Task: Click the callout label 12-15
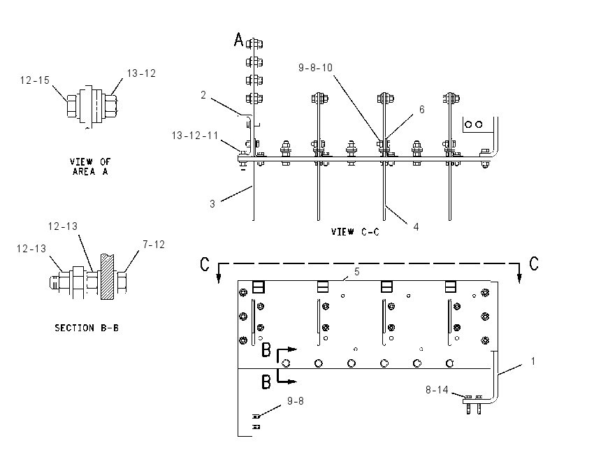(35, 80)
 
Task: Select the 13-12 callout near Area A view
(141, 73)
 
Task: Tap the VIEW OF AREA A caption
(90, 166)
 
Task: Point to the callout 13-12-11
(195, 136)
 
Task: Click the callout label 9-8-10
(315, 68)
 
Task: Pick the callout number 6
(421, 110)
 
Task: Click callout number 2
(203, 95)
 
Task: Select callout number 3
(212, 204)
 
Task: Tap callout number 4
(416, 227)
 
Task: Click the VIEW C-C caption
(355, 232)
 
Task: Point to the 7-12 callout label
(154, 245)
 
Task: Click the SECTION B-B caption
(87, 328)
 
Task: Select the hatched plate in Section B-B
(107, 277)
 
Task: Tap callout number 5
(357, 272)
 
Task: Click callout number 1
(533, 361)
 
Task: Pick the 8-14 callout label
(437, 390)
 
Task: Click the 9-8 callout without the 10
(296, 401)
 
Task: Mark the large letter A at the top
(239, 39)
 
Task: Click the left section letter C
(205, 264)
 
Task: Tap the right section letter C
(534, 263)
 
